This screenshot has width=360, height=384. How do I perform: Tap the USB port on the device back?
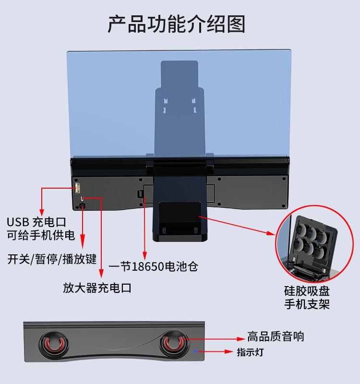77,187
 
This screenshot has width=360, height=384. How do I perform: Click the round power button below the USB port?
82,205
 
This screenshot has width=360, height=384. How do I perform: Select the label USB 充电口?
36,222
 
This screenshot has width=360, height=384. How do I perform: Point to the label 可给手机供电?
41,235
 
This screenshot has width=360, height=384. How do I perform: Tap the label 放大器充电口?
97,288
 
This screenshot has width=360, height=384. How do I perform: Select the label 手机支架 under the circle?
307,304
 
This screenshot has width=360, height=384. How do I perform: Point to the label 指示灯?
250,352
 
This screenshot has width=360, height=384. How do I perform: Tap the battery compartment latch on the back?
140,193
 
